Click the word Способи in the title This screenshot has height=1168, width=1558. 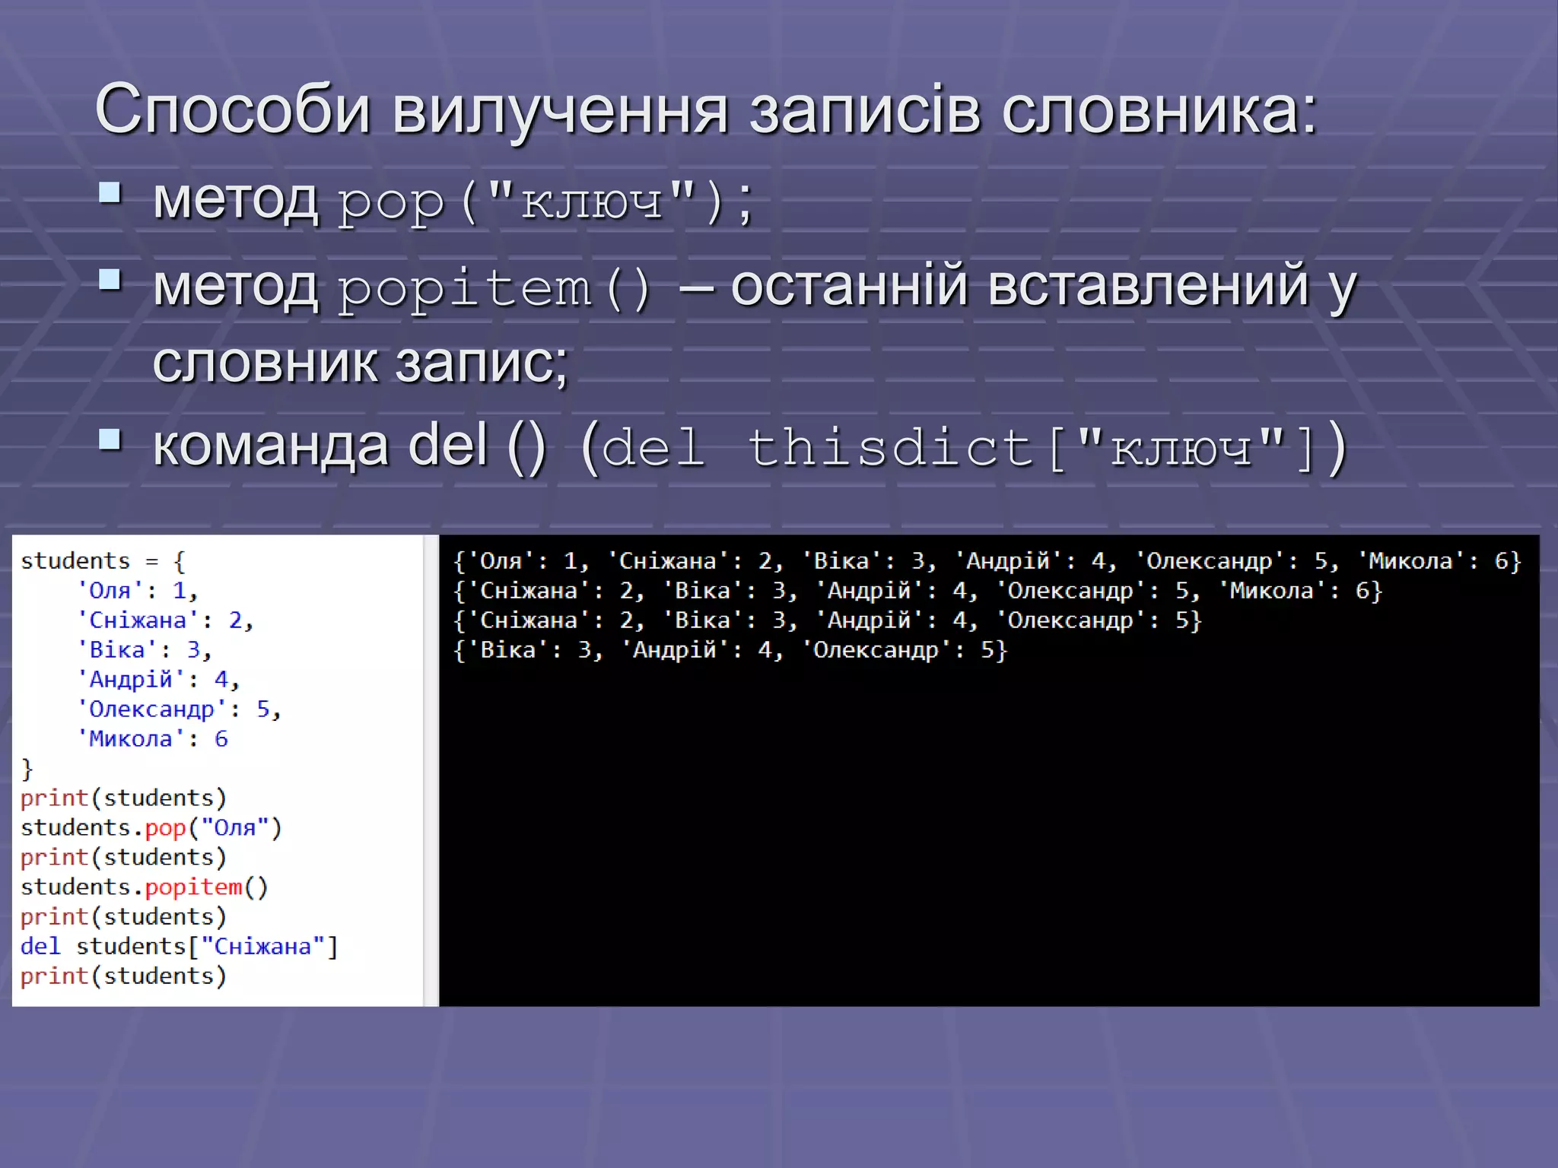pyautogui.click(x=232, y=110)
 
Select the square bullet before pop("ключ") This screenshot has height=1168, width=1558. pyautogui.click(x=110, y=193)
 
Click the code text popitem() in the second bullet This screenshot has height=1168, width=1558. pyautogui.click(x=494, y=289)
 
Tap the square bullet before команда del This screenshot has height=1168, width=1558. pyautogui.click(x=110, y=440)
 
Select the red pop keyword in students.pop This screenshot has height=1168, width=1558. pyautogui.click(x=165, y=827)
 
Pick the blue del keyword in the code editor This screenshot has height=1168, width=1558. pyautogui.click(x=40, y=946)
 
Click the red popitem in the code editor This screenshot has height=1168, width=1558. pyautogui.click(x=193, y=887)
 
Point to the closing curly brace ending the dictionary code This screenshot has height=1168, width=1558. pyautogui.click(x=27, y=769)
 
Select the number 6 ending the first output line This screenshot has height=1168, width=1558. pyautogui.click(x=1501, y=561)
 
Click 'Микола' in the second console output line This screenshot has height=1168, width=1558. pyautogui.click(x=1271, y=591)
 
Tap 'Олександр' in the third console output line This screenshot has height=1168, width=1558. pyautogui.click(x=1070, y=620)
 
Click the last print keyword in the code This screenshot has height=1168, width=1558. pyautogui.click(x=54, y=976)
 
